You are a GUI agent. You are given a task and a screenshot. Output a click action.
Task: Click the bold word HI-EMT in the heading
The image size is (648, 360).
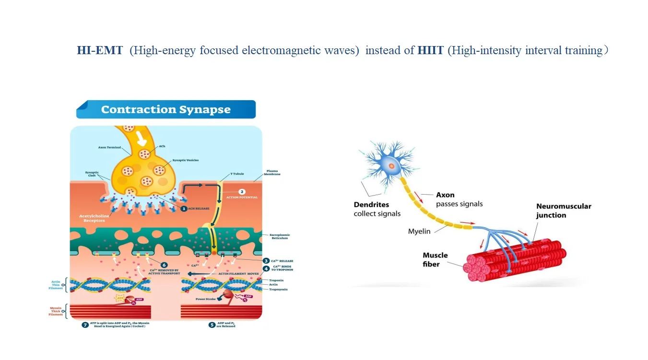click(100, 50)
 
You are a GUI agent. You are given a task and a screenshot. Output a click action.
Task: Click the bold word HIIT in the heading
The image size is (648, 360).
click(430, 50)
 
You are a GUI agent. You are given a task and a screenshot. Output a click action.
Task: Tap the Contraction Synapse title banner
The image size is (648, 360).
click(165, 109)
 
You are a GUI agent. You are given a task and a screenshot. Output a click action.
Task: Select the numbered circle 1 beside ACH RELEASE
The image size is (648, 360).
click(183, 209)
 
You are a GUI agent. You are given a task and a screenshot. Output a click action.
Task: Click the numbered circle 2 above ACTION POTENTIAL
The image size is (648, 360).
click(242, 192)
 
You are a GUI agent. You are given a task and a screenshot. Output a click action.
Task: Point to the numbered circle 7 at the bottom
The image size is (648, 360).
click(85, 325)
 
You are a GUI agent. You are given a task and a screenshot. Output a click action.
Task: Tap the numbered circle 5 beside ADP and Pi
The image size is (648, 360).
click(212, 325)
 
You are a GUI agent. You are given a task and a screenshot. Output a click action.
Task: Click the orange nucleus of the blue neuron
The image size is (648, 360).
click(392, 166)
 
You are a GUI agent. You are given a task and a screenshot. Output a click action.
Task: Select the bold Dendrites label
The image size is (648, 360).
click(371, 205)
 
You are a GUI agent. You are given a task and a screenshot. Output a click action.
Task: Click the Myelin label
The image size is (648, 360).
click(419, 232)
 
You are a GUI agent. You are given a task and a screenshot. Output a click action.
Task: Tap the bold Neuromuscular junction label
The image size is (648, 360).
click(564, 210)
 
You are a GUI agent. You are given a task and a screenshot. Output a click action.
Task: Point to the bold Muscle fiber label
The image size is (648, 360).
click(435, 259)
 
